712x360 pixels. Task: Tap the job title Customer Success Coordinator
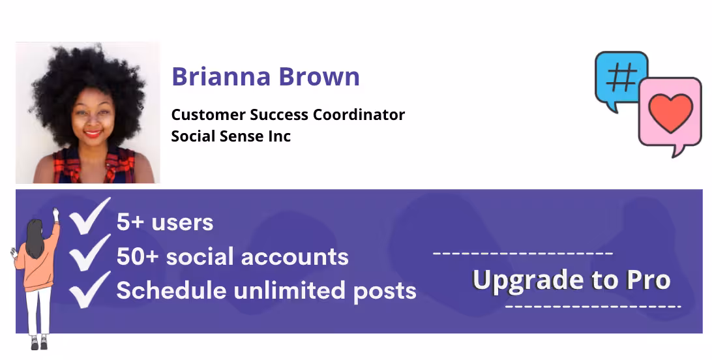point(288,115)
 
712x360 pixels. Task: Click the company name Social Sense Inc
point(231,136)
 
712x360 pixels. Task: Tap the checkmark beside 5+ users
point(90,217)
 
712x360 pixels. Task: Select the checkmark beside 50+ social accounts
point(90,252)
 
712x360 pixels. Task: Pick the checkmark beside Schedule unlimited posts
point(90,290)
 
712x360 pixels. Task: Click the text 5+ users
point(165,222)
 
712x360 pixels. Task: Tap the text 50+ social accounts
point(232,257)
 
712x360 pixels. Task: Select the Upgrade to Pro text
point(571,280)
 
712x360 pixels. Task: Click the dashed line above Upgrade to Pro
point(522,253)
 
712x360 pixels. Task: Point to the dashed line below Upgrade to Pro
point(593,306)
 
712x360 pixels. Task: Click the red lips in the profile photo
point(93,134)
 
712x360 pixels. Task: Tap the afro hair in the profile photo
point(88,72)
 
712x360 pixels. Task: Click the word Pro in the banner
point(648,280)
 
